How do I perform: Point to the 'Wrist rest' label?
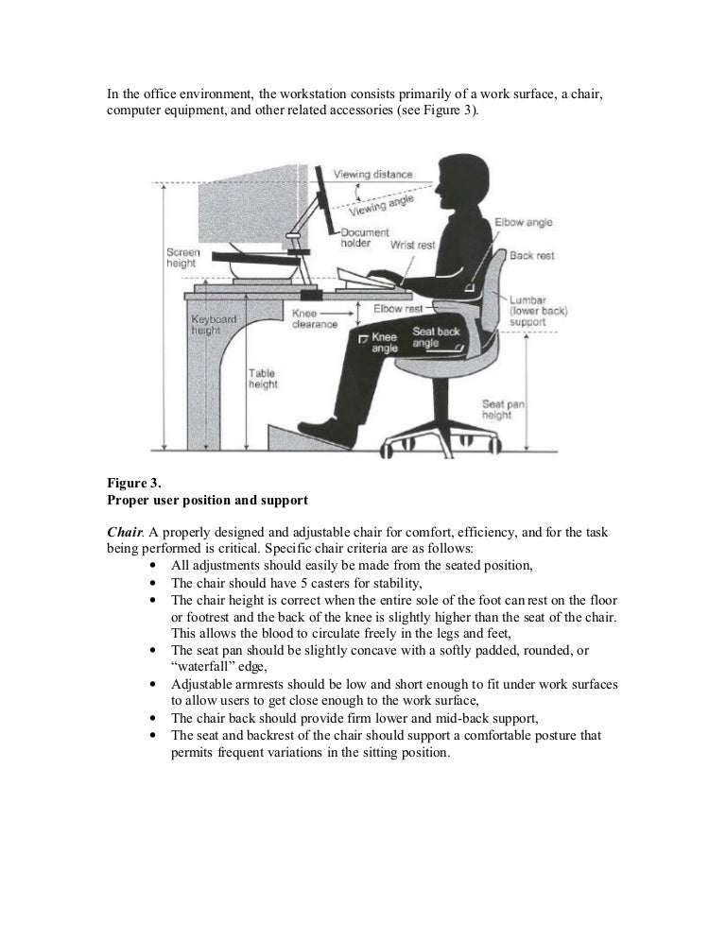pyautogui.click(x=413, y=245)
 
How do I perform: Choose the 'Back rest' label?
pyautogui.click(x=531, y=255)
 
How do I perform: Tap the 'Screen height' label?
pyautogui.click(x=182, y=258)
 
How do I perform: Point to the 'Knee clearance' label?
pyautogui.click(x=315, y=318)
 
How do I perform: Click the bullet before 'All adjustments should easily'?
pyautogui.click(x=153, y=565)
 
